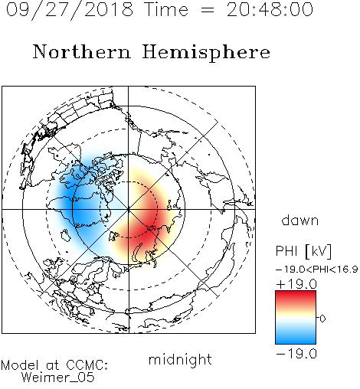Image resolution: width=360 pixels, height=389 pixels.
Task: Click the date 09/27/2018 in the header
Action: (70, 10)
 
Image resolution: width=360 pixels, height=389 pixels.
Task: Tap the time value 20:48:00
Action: (270, 9)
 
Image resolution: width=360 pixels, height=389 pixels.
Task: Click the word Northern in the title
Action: (82, 51)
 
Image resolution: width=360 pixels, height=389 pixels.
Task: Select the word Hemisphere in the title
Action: (206, 53)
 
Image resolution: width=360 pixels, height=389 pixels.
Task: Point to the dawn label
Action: (300, 220)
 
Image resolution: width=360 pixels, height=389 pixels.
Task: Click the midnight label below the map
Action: (180, 361)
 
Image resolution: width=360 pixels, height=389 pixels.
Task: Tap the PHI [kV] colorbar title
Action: (303, 251)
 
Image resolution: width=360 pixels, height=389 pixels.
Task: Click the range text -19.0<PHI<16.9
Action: (316, 270)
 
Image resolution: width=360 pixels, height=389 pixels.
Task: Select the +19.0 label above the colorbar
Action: (296, 284)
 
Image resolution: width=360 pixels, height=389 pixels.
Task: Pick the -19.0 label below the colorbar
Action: (296, 354)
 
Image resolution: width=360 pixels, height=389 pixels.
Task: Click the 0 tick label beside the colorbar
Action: (322, 319)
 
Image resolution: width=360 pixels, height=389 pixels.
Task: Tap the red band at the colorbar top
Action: (296, 296)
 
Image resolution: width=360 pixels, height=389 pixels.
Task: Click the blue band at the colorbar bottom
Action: (296, 339)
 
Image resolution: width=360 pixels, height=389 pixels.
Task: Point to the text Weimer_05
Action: (58, 378)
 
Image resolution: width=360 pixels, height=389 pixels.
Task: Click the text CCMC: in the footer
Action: (87, 365)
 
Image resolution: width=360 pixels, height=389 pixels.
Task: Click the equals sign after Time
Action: (208, 10)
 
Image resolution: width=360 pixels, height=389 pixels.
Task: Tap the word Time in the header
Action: (166, 9)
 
